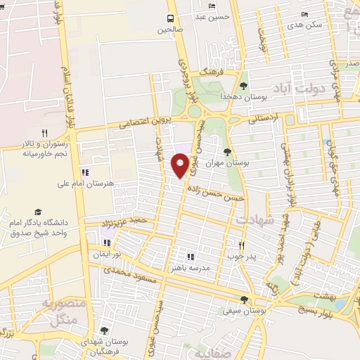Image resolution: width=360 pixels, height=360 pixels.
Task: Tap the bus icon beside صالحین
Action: point(169,19)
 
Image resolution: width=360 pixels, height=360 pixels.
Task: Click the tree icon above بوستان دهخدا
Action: point(243,86)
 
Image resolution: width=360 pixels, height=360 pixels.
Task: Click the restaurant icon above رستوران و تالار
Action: point(44,132)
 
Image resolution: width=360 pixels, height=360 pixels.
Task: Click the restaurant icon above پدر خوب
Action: point(241,245)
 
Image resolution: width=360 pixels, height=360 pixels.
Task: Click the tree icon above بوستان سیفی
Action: point(244,300)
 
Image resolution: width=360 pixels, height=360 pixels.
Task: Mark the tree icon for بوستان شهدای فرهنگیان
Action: point(104,330)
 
